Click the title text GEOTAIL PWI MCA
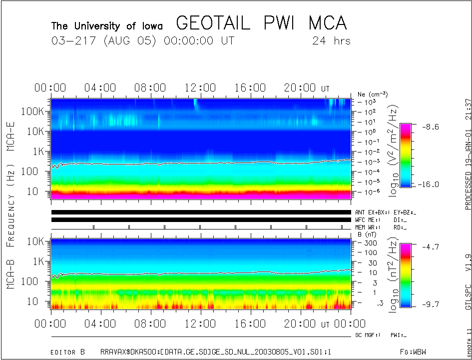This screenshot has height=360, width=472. [261, 23]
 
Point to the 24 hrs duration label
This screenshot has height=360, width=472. [331, 41]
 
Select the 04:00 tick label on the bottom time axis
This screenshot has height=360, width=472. [100, 324]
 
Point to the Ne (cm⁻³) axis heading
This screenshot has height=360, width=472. [373, 94]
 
